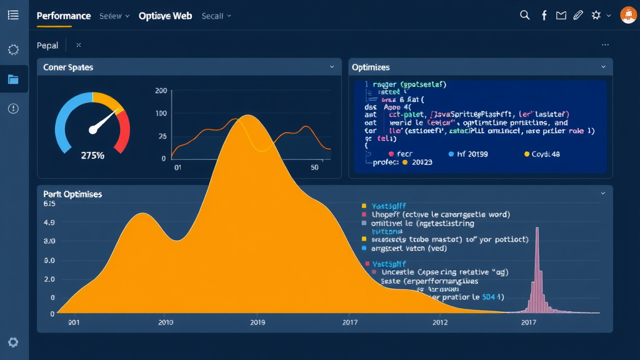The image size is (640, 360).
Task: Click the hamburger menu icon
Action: point(13,15)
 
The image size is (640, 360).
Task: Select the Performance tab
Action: point(64,16)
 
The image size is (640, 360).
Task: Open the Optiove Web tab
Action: point(165,16)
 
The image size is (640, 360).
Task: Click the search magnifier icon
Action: point(525,15)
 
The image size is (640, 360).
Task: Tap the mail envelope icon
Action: point(561,15)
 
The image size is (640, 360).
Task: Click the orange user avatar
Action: point(627,15)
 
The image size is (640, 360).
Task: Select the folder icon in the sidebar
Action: point(13,79)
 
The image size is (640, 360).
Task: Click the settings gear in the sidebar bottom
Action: point(13,342)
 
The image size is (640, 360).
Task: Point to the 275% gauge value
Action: point(92,155)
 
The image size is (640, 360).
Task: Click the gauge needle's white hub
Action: point(93,129)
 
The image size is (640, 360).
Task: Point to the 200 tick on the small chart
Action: point(161,91)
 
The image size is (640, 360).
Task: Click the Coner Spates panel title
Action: point(68,67)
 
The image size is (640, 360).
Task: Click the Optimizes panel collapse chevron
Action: point(603,67)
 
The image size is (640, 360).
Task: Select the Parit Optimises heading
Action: point(72,194)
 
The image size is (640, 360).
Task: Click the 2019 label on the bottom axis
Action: point(257,322)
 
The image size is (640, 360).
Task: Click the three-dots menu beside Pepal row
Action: point(604,45)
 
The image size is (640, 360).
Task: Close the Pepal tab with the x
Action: point(79,45)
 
